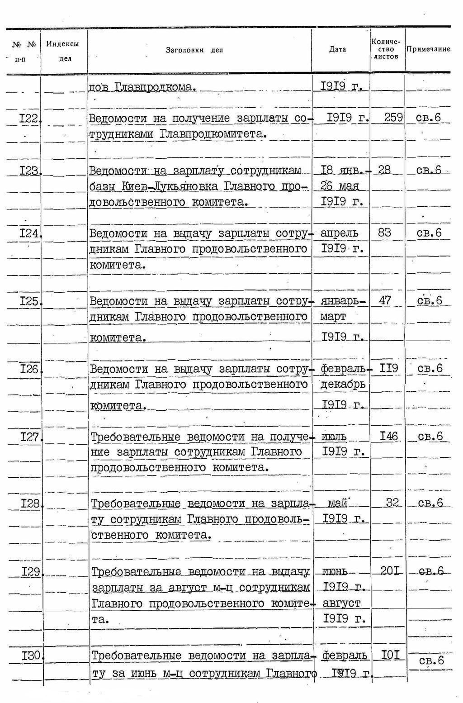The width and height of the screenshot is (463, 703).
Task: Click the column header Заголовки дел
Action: click(194, 50)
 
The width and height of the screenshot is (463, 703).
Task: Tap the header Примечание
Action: click(428, 49)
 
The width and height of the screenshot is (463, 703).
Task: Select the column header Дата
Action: click(337, 49)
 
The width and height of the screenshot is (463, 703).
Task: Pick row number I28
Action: click(31, 503)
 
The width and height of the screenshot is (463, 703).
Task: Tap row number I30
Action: click(32, 655)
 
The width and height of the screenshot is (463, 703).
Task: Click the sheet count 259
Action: click(393, 118)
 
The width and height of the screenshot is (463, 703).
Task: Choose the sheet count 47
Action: click(384, 300)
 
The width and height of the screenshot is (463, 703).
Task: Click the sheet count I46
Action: click(388, 436)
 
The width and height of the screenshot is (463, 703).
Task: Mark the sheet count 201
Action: click(389, 571)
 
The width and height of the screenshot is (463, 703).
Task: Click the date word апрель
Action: click(339, 233)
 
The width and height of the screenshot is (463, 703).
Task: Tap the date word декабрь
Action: click(342, 385)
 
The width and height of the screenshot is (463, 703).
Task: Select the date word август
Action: click(341, 603)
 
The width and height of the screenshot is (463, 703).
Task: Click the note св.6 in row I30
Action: click(431, 660)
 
